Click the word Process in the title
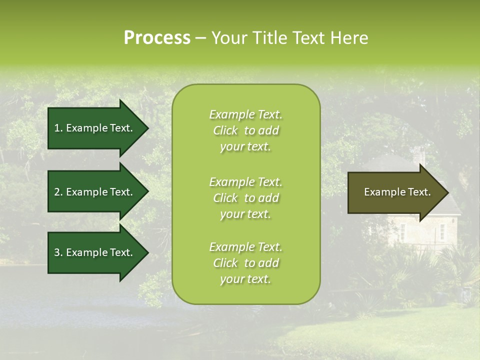pos(157,37)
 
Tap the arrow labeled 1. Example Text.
pos(93,128)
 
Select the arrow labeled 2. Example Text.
pos(93,192)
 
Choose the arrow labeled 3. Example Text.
pos(93,252)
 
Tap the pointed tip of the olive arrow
pos(447,192)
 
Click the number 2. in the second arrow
pos(58,192)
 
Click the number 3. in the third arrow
pos(58,252)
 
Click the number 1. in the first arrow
pos(58,128)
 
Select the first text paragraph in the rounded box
pos(245,130)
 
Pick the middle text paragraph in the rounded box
pos(245,198)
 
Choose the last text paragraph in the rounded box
pos(245,263)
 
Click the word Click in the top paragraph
pos(225,130)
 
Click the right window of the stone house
pos(442,230)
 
